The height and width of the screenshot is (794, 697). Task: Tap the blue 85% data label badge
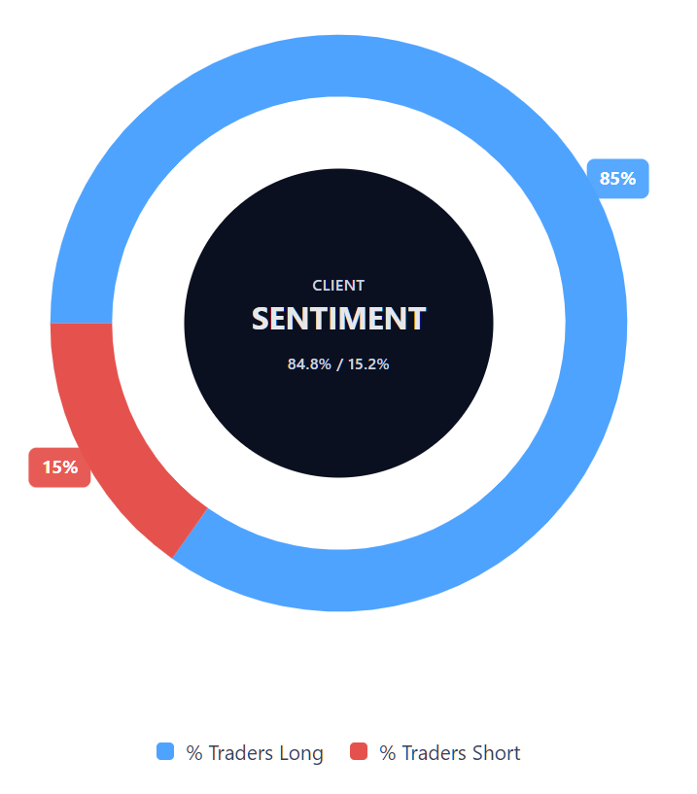[617, 179]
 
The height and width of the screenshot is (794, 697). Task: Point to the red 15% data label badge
[59, 467]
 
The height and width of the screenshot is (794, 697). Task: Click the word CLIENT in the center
[338, 286]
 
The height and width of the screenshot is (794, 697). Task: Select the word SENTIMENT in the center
[338, 319]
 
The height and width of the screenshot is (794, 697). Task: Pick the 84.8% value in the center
[309, 364]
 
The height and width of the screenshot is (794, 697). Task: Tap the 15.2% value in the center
[368, 364]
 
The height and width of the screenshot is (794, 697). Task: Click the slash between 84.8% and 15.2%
[339, 364]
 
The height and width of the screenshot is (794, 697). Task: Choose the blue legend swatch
[165, 751]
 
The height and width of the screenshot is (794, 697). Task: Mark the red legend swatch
[359, 751]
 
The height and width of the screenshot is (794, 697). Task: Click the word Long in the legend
[300, 753]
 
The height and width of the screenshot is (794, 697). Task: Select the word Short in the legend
[496, 753]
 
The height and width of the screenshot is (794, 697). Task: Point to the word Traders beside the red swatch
[434, 753]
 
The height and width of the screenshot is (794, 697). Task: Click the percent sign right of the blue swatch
[193, 753]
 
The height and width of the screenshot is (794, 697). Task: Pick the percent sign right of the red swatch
[387, 753]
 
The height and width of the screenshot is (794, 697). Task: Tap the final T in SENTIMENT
[417, 319]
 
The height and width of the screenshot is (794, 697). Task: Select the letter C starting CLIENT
[317, 286]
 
